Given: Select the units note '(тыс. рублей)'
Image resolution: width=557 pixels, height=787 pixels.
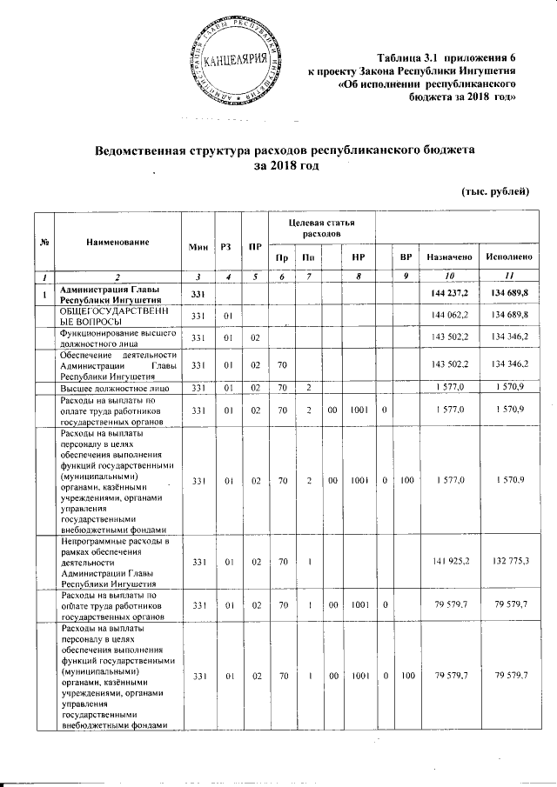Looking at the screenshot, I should click(494, 191).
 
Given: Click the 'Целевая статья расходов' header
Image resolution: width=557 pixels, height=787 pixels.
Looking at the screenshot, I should click(317, 230).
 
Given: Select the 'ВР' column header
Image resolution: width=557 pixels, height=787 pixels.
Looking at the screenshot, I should click(405, 258).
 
